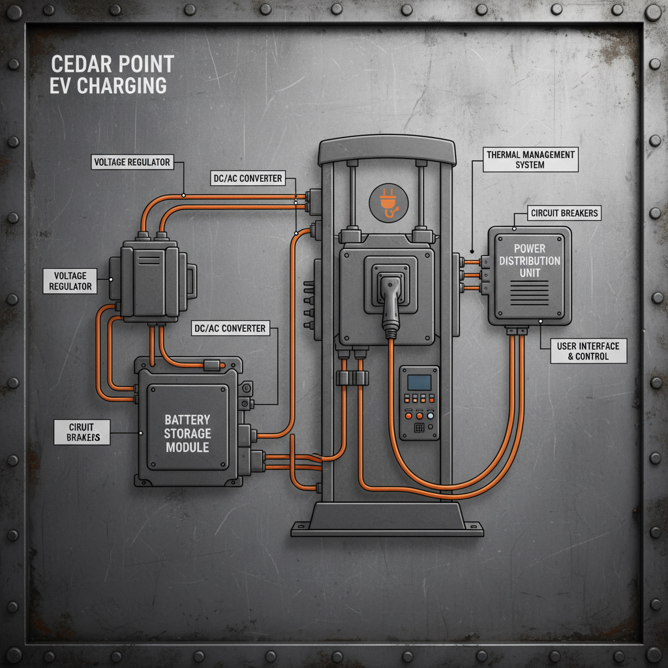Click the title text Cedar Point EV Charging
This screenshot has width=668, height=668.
[111, 74]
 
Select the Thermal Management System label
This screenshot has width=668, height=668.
[530, 160]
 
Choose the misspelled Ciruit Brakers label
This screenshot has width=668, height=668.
[82, 432]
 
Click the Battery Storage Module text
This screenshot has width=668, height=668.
[187, 433]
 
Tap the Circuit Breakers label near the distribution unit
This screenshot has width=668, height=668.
[564, 213]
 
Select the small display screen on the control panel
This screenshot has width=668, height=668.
[419, 382]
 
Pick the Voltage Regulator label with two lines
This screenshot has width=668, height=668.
[70, 281]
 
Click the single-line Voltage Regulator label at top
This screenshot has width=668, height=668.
[132, 162]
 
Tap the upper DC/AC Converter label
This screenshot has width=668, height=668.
[247, 177]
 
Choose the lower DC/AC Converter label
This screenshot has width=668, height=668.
[230, 328]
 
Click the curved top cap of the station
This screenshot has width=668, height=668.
[386, 151]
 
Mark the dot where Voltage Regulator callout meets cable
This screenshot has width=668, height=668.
[185, 194]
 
